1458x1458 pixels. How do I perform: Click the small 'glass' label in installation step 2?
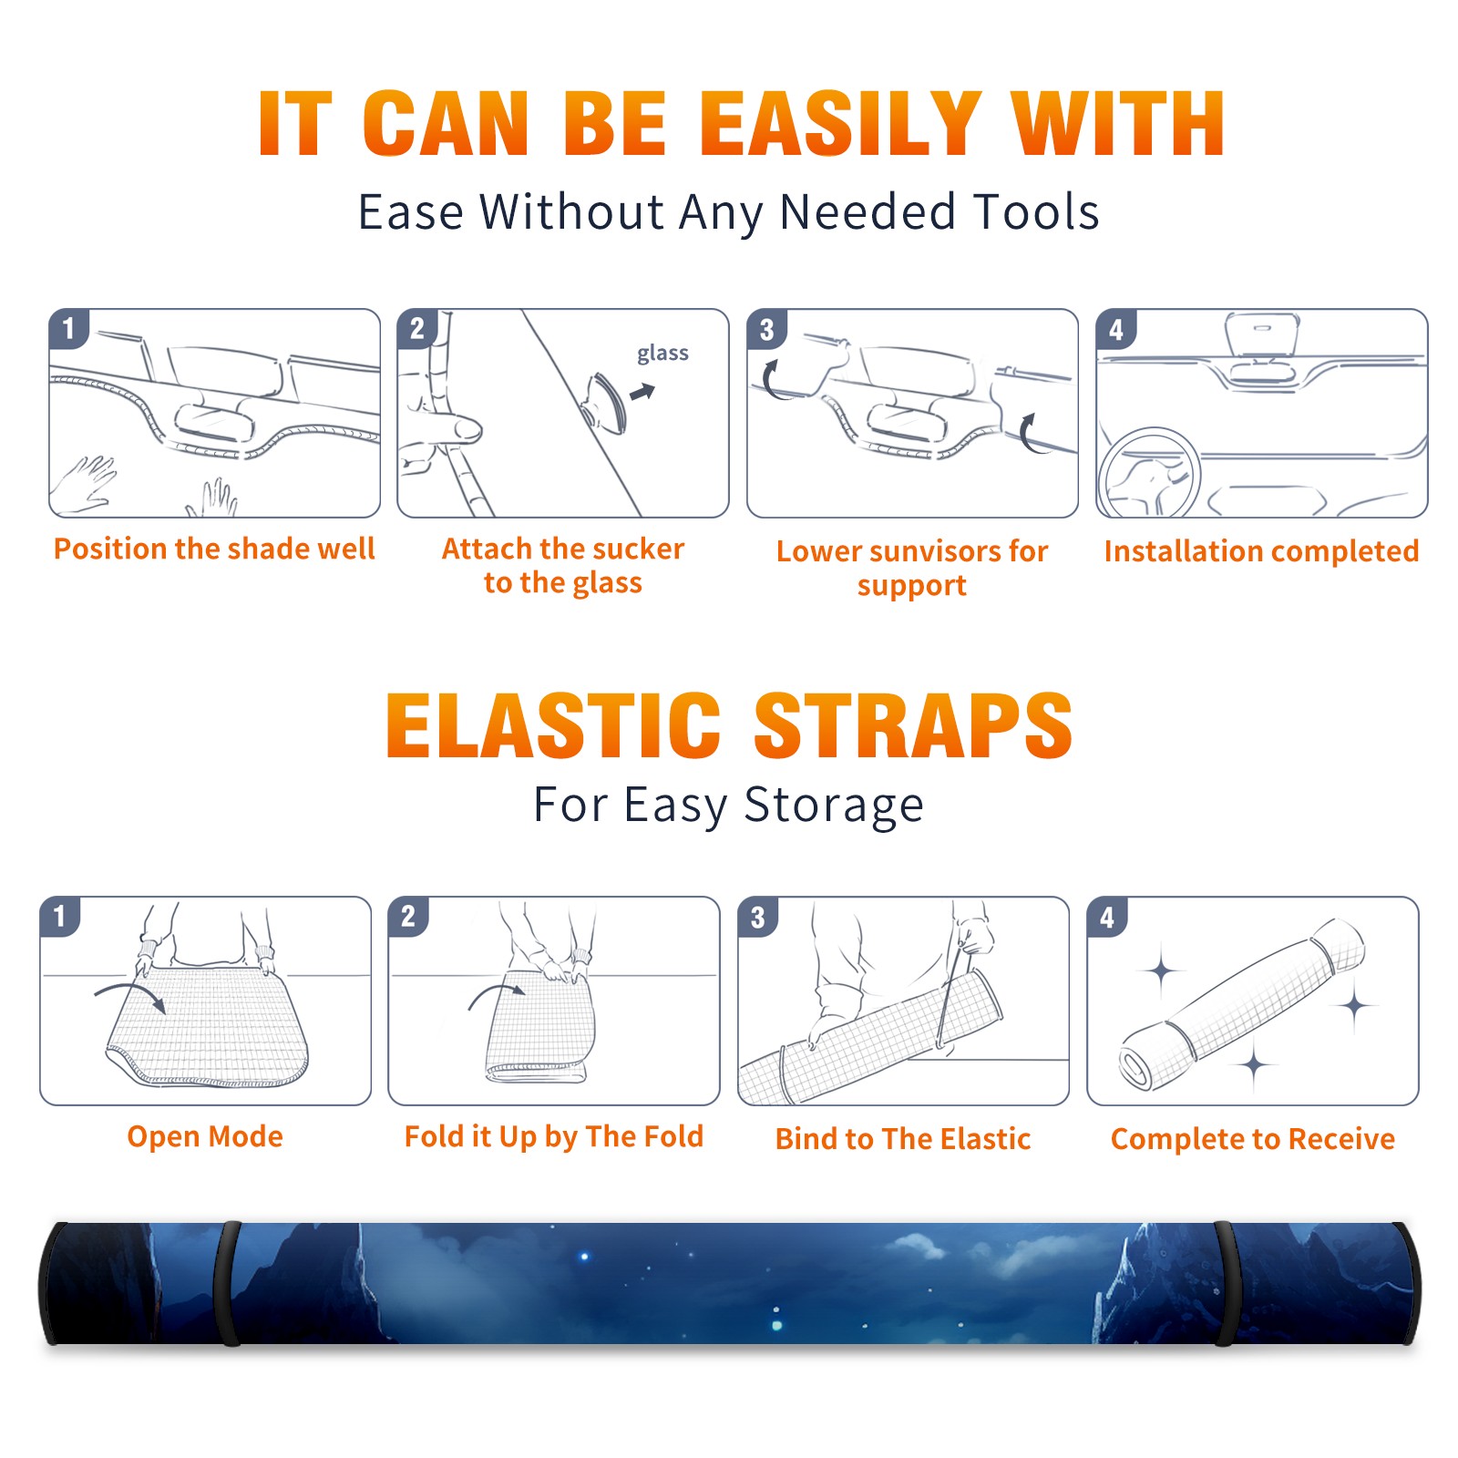tap(662, 354)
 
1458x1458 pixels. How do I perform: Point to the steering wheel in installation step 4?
tap(1150, 472)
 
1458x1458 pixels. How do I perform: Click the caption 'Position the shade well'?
tap(214, 549)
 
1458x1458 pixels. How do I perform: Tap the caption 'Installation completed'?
tap(1261, 550)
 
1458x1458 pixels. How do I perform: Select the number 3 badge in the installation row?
tap(766, 329)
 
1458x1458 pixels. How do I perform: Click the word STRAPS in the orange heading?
tap(913, 725)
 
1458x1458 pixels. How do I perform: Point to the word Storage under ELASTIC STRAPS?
tap(834, 806)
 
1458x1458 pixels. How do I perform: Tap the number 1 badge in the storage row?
tap(60, 916)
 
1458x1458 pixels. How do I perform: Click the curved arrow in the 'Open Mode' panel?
tap(130, 993)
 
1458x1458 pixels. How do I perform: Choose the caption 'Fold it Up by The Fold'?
tap(554, 1136)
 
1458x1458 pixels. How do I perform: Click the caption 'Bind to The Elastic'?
tap(903, 1139)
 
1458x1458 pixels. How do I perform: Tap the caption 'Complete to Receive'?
tap(1253, 1139)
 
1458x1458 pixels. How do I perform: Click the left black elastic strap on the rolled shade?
tap(227, 1283)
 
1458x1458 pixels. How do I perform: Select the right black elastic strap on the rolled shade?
tap(1226, 1283)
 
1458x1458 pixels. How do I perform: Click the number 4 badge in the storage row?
tap(1107, 916)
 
